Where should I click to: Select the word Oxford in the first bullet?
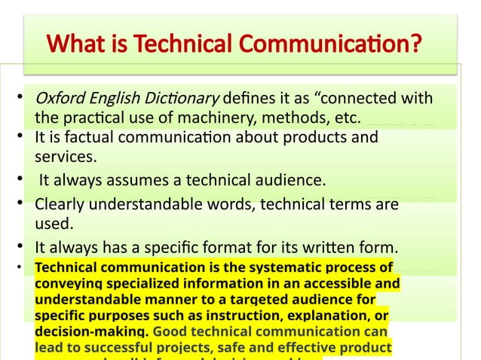coord(57,99)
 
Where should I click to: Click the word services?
coord(66,157)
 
